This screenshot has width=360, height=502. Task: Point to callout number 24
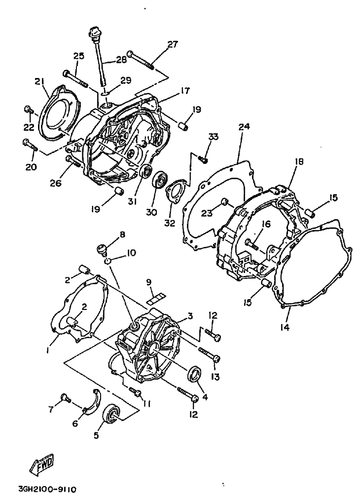click(x=244, y=127)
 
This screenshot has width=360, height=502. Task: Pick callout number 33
click(x=213, y=136)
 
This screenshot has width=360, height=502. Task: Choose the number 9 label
click(x=147, y=282)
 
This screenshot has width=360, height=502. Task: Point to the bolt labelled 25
click(x=75, y=78)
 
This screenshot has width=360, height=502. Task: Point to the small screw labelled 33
click(x=204, y=159)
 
